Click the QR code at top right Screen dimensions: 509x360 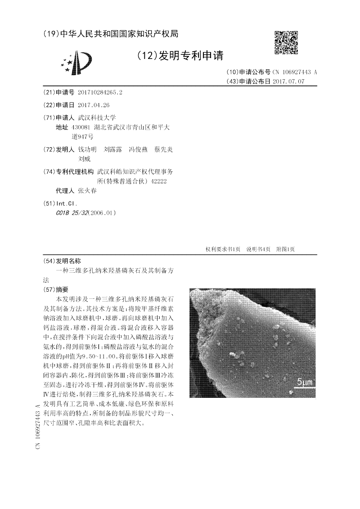click(x=286, y=43)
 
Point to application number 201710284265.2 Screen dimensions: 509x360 click(x=100, y=92)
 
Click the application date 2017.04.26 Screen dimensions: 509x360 click(x=94, y=105)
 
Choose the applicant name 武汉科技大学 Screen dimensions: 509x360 click(x=97, y=117)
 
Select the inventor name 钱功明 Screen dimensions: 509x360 click(x=87, y=149)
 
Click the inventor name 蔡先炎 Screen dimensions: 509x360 click(x=163, y=149)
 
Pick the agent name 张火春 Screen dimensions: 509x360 click(x=87, y=190)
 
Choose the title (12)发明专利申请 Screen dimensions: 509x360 click(x=180, y=56)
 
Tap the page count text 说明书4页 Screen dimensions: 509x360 click(x=258, y=249)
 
